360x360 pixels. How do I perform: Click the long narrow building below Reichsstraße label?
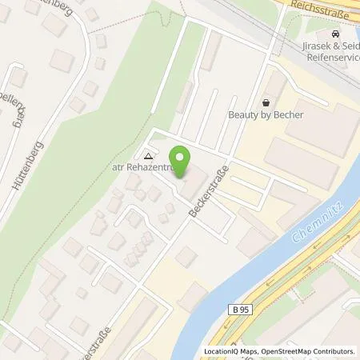210,51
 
